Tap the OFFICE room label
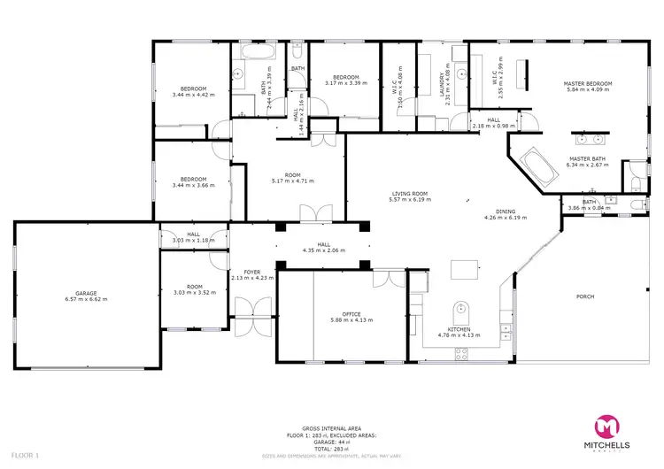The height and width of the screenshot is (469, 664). coord(351,313)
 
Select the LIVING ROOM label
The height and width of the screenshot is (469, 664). coord(410,194)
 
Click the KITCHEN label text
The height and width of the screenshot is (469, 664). coord(458,329)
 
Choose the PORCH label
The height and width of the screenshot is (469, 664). coord(585,296)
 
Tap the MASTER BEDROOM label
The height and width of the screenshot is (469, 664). coord(588,84)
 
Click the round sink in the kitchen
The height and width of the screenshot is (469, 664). coord(459,310)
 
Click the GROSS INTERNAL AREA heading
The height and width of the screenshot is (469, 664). coord(331,426)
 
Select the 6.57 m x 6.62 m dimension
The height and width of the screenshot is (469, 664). coord(86,299)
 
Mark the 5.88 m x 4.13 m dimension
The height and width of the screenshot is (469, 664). coord(351,319)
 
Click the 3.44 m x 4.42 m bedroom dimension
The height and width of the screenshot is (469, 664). coord(193,95)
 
